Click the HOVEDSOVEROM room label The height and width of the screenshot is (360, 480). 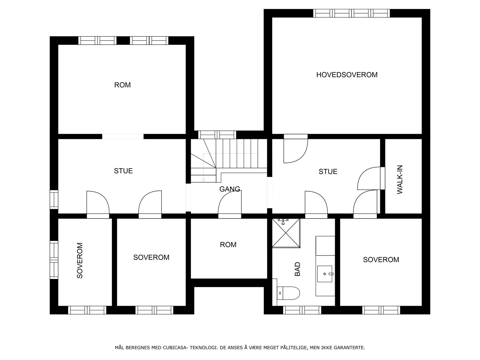347,75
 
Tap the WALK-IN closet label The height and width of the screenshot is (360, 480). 400,179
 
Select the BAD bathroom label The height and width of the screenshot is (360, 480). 298,269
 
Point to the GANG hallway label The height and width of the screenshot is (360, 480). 229,189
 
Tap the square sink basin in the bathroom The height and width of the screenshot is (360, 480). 325,274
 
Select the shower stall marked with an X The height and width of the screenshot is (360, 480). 286,233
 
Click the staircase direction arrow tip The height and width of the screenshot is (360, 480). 203,181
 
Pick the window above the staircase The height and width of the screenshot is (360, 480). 217,135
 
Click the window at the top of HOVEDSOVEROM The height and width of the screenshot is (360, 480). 351,13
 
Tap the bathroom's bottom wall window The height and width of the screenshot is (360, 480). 302,310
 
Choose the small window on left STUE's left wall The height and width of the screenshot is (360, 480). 54,199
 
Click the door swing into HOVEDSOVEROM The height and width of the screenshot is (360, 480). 296,148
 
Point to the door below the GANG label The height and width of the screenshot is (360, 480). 229,204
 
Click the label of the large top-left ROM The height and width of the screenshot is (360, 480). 122,85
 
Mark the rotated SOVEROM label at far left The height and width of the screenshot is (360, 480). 80,260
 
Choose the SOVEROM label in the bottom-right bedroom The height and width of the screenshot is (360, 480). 381,260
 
